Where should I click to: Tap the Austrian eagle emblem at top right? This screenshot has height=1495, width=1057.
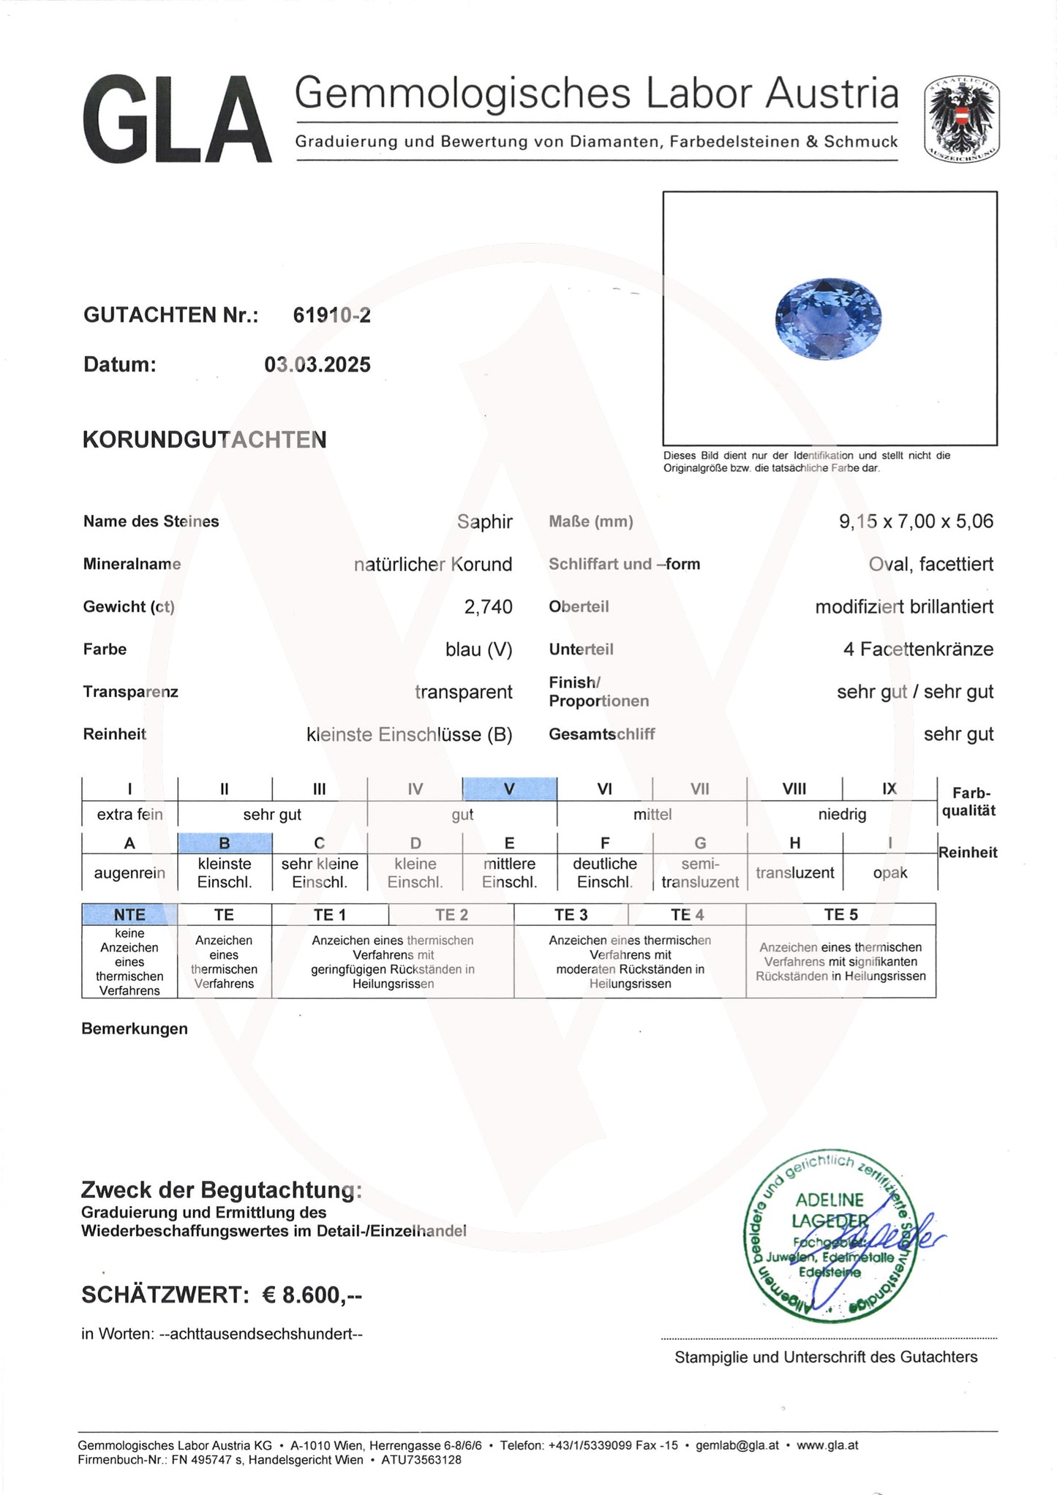coord(962,118)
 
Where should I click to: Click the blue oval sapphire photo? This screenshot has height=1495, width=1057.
coord(828,318)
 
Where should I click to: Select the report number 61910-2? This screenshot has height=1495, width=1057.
coord(331,315)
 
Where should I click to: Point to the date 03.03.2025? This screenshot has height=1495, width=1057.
coord(317,365)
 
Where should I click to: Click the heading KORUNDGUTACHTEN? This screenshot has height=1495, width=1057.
coord(204,440)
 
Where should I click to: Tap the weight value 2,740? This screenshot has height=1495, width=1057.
coord(488,607)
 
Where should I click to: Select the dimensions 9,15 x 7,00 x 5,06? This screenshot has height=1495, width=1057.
coord(916,521)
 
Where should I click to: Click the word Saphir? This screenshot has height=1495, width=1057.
coord(484,522)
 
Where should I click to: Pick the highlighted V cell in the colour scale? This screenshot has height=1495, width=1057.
coord(509,789)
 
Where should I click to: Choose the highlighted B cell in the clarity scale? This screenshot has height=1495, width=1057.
coord(225,843)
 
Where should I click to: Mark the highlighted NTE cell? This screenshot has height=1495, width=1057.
coord(129,914)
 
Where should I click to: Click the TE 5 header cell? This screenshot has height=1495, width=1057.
coord(840,914)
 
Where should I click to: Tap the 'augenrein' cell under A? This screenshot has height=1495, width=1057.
coord(129,873)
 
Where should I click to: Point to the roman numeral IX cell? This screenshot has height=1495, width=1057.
coord(889,789)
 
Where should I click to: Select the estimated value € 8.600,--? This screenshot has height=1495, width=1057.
coord(312,1295)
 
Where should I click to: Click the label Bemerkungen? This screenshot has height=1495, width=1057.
coord(135,1029)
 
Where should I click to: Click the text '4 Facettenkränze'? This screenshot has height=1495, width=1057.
coord(918,649)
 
